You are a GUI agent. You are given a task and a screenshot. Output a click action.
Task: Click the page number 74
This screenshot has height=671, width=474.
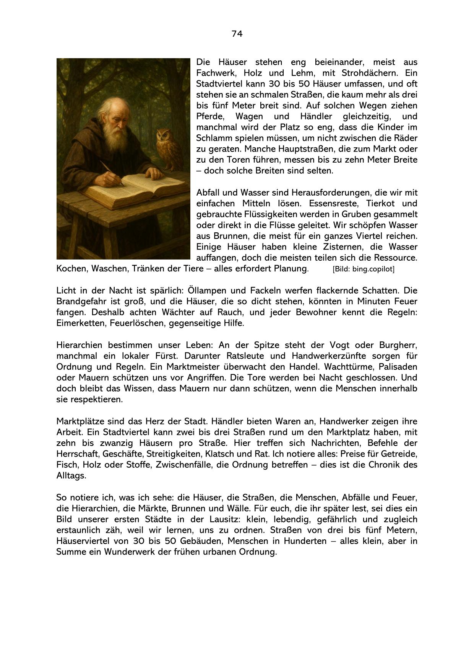237,34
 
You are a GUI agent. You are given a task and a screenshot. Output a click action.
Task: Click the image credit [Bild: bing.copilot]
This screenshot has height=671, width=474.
363,269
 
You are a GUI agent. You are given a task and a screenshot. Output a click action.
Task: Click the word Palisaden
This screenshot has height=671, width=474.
399,367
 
